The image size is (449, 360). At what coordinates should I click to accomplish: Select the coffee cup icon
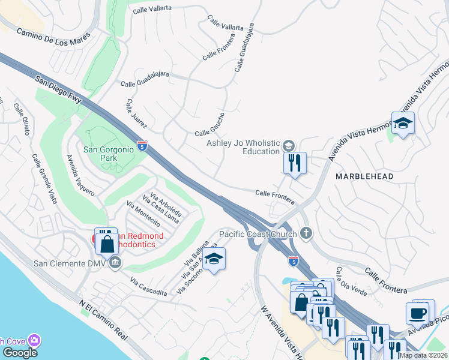click(418, 312)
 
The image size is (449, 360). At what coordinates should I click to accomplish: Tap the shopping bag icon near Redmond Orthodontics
click(107, 244)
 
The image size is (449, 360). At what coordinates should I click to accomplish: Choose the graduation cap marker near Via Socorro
click(213, 259)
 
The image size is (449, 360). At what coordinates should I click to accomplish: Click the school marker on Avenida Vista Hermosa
click(403, 123)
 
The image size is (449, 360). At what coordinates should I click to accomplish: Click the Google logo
click(20, 353)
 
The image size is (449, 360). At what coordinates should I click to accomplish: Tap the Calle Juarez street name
click(137, 113)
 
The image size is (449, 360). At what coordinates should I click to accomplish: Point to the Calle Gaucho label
click(209, 124)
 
